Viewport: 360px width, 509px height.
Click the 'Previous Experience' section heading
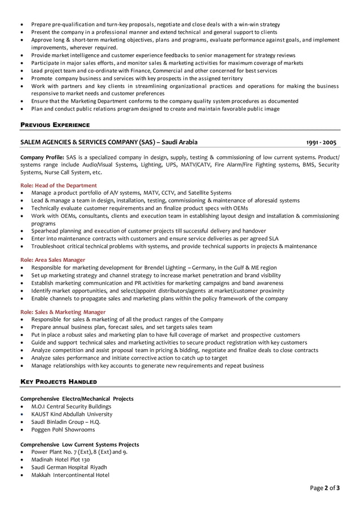click(55, 124)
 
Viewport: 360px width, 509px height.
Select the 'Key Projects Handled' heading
click(58, 382)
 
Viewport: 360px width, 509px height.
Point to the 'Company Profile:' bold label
click(42, 157)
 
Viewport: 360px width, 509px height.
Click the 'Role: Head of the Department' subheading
click(58, 185)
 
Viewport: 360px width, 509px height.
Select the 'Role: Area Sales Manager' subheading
click(52, 260)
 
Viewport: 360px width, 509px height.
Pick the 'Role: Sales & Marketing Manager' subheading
click(63, 311)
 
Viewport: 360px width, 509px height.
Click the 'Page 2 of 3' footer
click(324, 488)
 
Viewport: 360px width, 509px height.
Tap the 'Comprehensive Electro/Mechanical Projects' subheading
click(77, 399)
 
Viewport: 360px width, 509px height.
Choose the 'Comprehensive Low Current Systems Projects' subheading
click(80, 445)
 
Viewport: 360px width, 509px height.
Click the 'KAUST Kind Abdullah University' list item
click(72, 414)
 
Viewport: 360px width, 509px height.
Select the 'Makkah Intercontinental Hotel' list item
click(70, 475)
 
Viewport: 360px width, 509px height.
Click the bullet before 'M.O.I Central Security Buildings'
click(22, 407)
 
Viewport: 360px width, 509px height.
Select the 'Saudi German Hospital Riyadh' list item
click(69, 467)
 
